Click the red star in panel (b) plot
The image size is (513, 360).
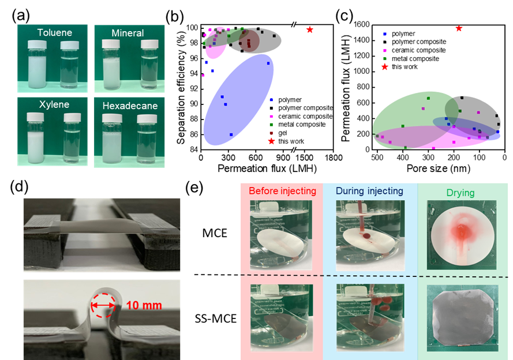(309, 30)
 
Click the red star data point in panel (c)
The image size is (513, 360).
(459, 28)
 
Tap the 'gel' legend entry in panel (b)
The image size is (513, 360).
(282, 133)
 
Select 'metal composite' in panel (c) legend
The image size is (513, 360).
(415, 59)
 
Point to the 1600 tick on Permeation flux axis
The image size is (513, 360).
(361, 25)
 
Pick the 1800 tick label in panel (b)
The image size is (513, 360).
(333, 157)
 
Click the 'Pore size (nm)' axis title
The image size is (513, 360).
(438, 168)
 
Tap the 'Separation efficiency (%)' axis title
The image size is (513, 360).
(181, 84)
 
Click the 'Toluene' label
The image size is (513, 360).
(55, 33)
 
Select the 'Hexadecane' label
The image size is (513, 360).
(130, 106)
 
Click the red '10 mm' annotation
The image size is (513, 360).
(144, 305)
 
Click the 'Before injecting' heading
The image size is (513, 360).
(282, 190)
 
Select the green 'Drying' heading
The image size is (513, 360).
(460, 193)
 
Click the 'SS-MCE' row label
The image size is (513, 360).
(215, 318)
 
